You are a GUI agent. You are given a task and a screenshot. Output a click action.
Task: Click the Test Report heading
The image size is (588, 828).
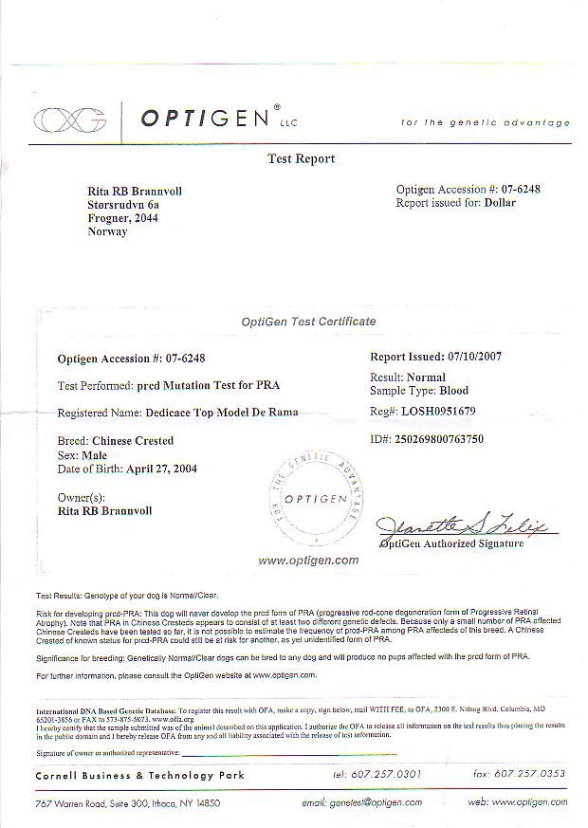tap(302, 159)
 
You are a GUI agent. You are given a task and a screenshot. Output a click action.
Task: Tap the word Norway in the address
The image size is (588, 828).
tap(107, 231)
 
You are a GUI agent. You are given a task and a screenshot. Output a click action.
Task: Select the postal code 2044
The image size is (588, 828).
tap(145, 218)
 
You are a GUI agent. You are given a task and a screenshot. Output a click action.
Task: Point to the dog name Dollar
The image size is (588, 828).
tap(499, 203)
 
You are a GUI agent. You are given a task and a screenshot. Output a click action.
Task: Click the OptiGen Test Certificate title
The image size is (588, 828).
tap(308, 322)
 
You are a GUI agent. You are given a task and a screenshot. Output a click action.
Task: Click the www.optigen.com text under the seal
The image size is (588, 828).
tap(308, 561)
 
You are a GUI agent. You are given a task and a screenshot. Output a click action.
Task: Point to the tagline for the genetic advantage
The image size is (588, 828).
tap(486, 122)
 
